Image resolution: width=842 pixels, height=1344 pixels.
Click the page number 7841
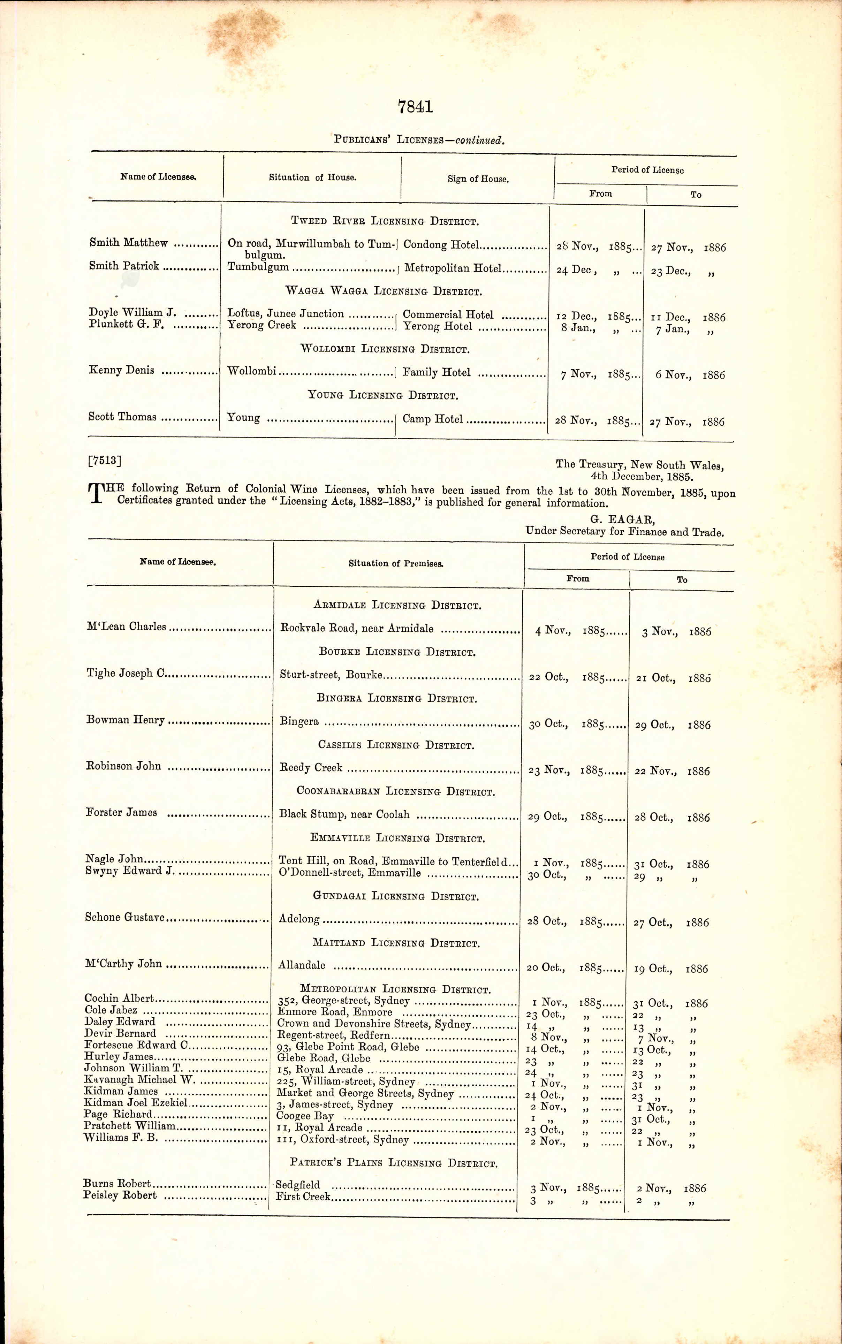[415, 107]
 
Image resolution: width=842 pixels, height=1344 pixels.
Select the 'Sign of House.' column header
[478, 179]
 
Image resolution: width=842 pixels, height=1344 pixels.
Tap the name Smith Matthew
[129, 243]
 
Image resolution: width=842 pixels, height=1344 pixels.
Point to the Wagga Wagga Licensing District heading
[383, 291]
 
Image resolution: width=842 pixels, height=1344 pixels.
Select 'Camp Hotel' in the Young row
[433, 419]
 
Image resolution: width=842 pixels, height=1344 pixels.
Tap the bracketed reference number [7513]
[105, 461]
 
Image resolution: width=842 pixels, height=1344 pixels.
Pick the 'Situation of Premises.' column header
[396, 563]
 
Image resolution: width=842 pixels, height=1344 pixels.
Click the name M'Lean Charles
[127, 627]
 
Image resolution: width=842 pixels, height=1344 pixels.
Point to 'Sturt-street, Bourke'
[331, 675]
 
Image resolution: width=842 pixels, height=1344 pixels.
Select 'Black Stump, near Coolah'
[344, 814]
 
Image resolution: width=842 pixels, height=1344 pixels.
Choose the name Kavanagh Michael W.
[139, 1079]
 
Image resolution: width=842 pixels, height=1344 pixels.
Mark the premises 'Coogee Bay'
[305, 1116]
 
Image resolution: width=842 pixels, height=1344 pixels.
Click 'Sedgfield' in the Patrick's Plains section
[298, 1185]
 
